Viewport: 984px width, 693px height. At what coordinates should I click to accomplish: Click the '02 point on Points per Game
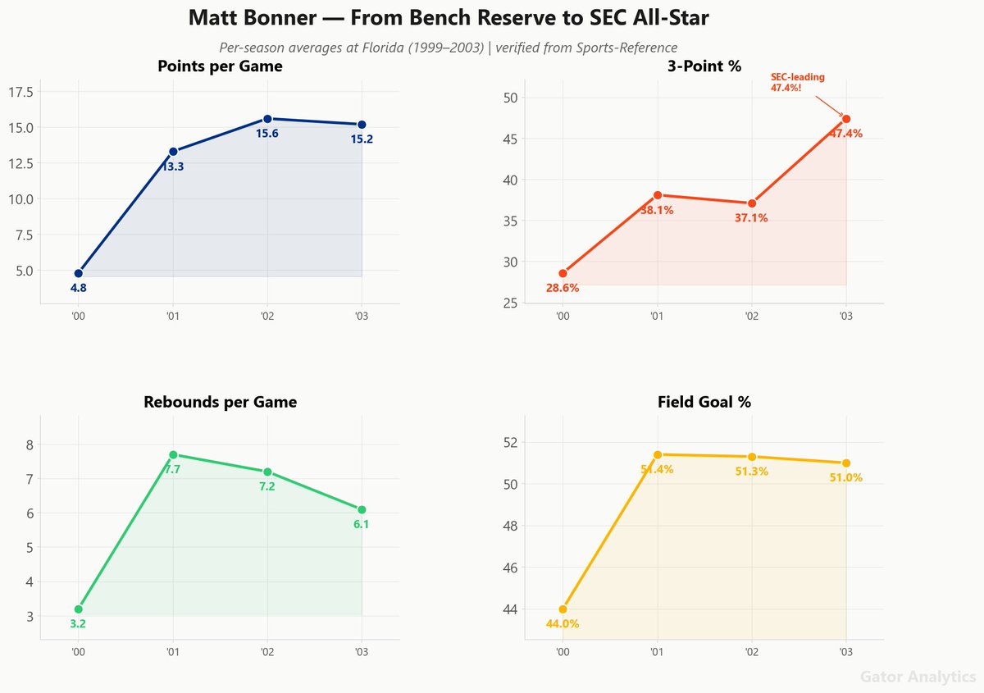pos(267,119)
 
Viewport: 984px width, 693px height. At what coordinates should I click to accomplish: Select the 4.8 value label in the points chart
pos(79,288)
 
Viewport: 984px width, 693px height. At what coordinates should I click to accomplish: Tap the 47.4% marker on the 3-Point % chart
pos(846,119)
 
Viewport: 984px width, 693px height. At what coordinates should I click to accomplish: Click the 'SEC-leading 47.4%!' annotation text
pos(797,82)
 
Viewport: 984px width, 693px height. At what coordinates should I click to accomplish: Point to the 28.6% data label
pos(563,288)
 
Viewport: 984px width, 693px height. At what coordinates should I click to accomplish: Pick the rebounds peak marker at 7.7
pos(173,454)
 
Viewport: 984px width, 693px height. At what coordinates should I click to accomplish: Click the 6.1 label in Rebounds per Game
pos(361,524)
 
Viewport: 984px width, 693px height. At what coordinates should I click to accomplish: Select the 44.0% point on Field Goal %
pos(563,609)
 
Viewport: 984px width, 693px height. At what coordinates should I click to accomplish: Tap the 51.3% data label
pos(752,472)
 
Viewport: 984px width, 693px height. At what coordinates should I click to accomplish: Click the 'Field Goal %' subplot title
pos(704,402)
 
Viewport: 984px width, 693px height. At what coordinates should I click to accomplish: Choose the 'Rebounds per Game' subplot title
pos(220,402)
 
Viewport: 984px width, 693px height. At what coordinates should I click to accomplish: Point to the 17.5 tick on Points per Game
pos(20,92)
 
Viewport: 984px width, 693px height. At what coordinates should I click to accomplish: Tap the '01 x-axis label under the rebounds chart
pos(173,652)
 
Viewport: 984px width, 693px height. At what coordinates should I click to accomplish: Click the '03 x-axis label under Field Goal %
pos(845,652)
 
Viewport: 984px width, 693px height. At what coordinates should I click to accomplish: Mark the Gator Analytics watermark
pos(918,677)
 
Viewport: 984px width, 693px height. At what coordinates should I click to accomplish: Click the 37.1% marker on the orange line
pos(752,203)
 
